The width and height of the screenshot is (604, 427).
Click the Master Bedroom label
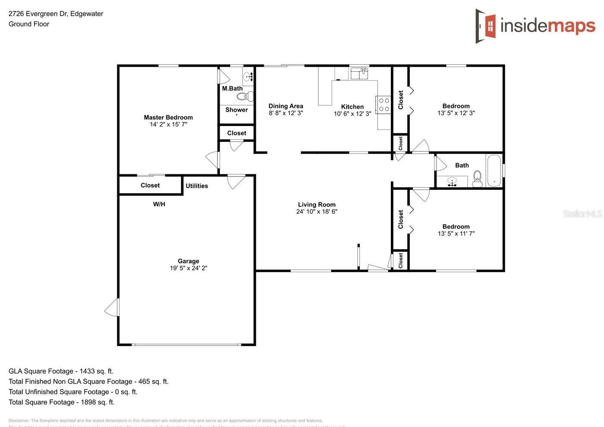click(x=168, y=117)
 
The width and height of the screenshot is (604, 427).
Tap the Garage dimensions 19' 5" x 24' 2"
click(x=189, y=268)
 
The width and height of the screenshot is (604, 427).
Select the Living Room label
click(x=317, y=205)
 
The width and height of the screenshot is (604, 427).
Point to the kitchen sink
click(x=359, y=74)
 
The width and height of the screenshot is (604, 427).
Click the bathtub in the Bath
click(x=494, y=170)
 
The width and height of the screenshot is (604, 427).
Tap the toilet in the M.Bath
click(x=244, y=96)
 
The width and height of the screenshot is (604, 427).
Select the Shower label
click(x=236, y=110)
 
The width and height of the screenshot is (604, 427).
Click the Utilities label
click(x=197, y=186)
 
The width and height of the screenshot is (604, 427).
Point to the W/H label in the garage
click(x=159, y=204)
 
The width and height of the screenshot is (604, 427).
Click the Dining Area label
click(x=286, y=106)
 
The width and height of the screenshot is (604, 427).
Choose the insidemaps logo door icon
click(x=486, y=26)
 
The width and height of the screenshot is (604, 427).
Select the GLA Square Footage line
click(x=61, y=371)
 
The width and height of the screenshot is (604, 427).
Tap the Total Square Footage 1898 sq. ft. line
click(x=61, y=402)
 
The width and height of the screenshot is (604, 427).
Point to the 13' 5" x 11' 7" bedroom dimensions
click(x=456, y=234)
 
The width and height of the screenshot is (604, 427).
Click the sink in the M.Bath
click(x=248, y=77)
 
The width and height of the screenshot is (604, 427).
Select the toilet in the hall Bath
click(x=477, y=178)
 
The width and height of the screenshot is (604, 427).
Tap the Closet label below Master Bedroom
click(x=150, y=185)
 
